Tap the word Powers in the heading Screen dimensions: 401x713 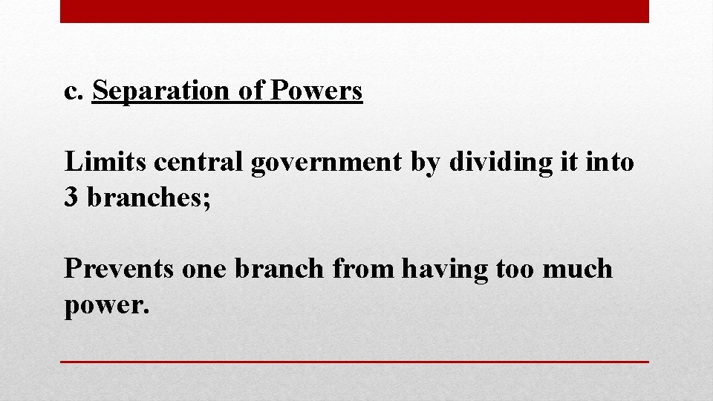coord(317,91)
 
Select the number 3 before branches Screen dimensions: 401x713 coord(72,198)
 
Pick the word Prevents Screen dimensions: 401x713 coord(119,268)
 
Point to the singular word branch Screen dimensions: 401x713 coord(280,268)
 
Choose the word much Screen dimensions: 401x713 coord(579,268)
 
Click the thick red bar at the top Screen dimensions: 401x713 coord(354,11)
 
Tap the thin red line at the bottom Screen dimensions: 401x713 coord(354,362)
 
